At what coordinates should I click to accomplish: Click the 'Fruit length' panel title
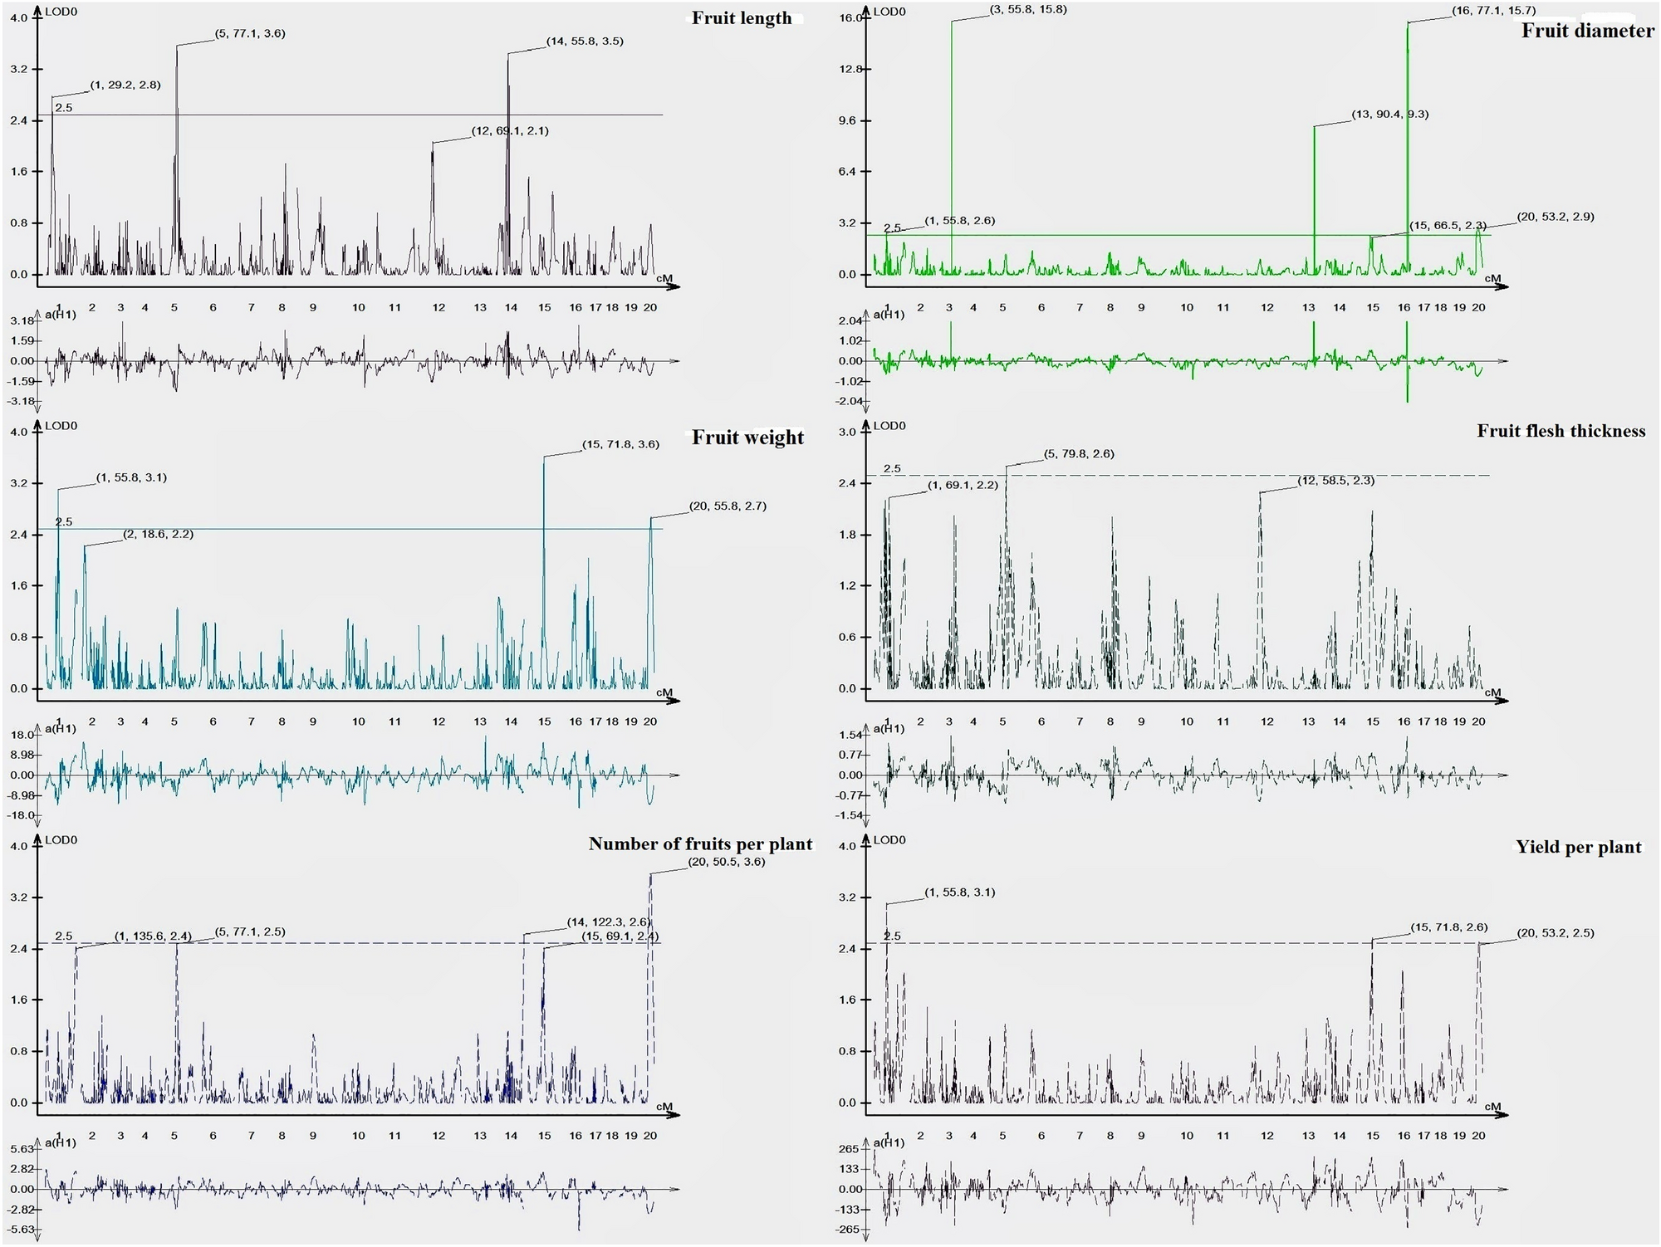[x=742, y=18]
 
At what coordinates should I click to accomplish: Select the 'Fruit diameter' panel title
[x=1587, y=31]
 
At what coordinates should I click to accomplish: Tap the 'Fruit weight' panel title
[x=747, y=438]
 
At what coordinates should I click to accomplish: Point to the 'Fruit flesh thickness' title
[x=1561, y=431]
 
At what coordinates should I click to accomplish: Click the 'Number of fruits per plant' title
[x=700, y=844]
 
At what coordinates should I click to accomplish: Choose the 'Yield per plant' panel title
[x=1578, y=848]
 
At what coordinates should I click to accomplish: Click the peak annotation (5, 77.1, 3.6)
[x=250, y=34]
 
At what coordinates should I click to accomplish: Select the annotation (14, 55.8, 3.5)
[x=585, y=42]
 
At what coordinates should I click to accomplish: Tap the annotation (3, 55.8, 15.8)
[x=1028, y=10]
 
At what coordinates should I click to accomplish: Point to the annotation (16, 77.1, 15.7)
[x=1493, y=11]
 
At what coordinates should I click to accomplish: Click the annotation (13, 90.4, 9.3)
[x=1390, y=115]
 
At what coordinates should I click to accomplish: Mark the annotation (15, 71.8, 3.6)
[x=620, y=445]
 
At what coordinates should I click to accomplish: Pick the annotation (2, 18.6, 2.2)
[x=158, y=535]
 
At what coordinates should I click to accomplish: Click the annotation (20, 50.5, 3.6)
[x=727, y=863]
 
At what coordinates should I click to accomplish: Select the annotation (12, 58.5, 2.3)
[x=1335, y=481]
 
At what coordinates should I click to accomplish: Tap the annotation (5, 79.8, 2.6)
[x=1079, y=454]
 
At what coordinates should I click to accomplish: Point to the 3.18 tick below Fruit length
[x=22, y=321]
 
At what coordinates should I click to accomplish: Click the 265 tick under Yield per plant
[x=848, y=1149]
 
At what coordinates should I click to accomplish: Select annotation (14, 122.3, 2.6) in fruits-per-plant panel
[x=608, y=922]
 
